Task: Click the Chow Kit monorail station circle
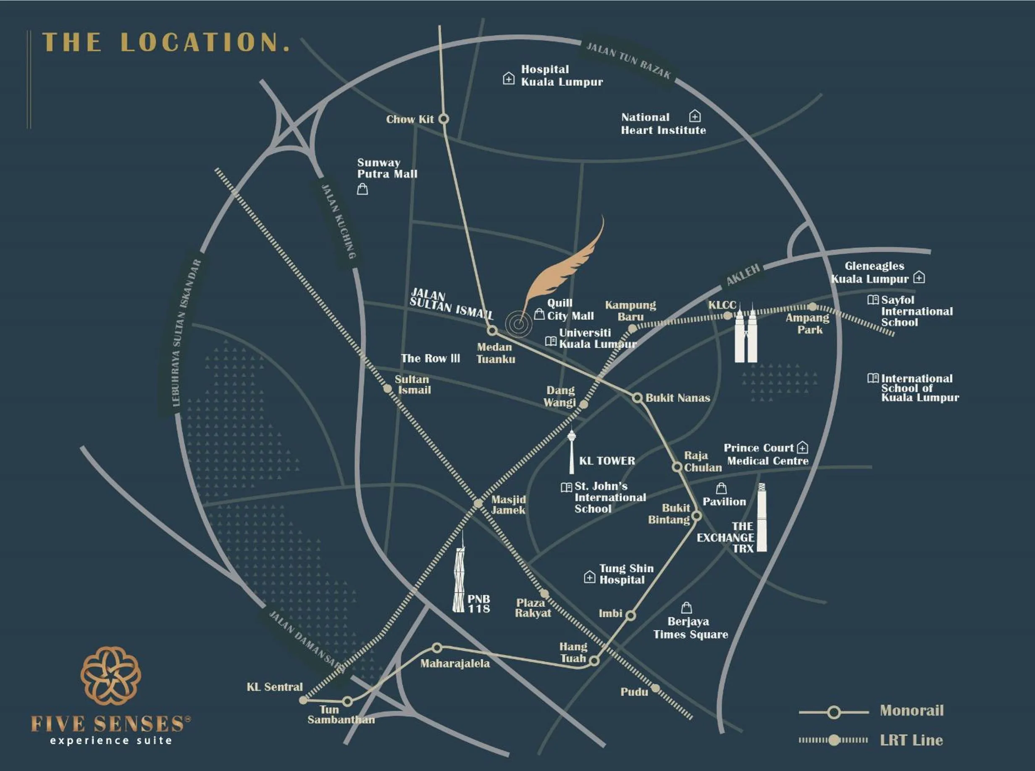click(444, 119)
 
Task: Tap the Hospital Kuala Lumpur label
click(561, 76)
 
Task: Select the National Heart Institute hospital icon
click(695, 116)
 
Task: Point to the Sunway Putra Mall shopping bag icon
click(362, 189)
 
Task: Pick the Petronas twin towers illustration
click(746, 334)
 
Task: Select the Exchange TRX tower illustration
click(762, 518)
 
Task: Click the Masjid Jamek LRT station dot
click(478, 503)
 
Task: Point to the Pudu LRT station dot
click(655, 688)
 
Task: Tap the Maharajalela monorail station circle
click(437, 648)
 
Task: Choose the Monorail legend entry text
click(912, 710)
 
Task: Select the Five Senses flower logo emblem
click(110, 675)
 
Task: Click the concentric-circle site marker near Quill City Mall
click(518, 324)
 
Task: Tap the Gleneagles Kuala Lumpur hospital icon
click(919, 278)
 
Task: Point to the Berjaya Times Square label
click(690, 628)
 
